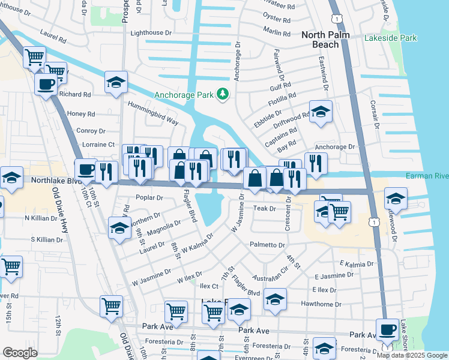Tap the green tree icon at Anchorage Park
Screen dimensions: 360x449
(x=223, y=94)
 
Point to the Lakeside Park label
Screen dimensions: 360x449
(x=390, y=38)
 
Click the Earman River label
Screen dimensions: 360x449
(x=427, y=176)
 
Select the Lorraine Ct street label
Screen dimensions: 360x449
(x=97, y=145)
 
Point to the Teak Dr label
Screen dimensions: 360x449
(x=264, y=208)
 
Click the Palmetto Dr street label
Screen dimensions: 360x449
(x=267, y=245)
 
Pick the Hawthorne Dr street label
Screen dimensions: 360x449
(x=321, y=304)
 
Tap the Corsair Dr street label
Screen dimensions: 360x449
(x=376, y=113)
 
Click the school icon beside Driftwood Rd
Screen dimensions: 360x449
(x=321, y=112)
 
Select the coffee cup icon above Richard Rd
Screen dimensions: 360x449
(x=46, y=83)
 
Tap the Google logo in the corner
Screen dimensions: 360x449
(x=20, y=353)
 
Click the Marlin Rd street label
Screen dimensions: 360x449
(x=277, y=31)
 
